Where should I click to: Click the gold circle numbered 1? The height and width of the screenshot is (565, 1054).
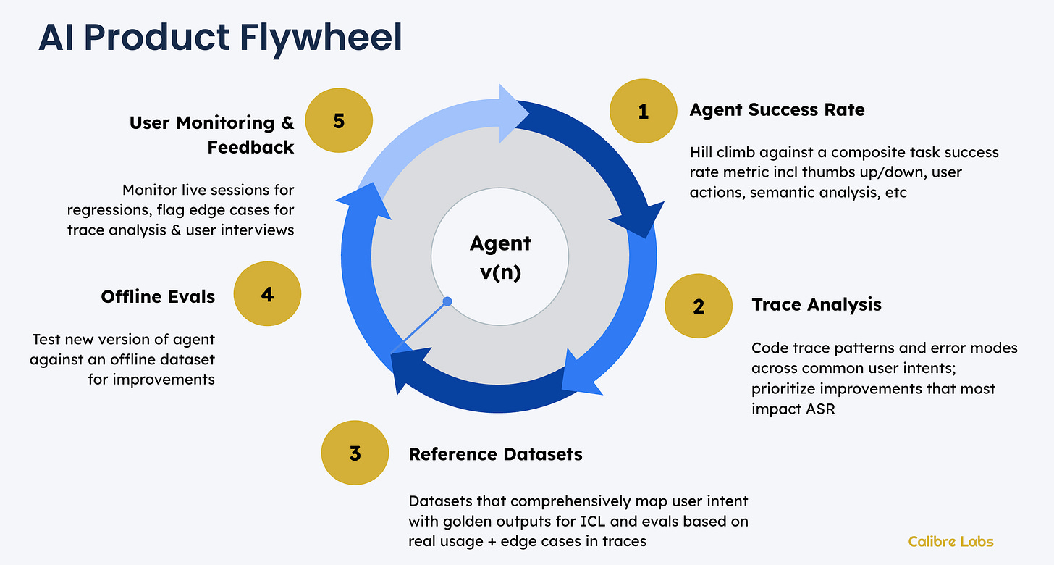(x=643, y=111)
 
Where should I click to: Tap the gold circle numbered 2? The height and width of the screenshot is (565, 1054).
(x=698, y=306)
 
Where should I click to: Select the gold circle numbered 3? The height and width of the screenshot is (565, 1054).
(x=355, y=453)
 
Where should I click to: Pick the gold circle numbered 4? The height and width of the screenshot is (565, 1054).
(x=267, y=295)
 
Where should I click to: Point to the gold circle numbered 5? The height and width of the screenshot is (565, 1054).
(x=339, y=121)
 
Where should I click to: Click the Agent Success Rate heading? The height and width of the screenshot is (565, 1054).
(x=777, y=110)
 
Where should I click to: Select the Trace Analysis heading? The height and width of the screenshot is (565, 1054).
(x=817, y=304)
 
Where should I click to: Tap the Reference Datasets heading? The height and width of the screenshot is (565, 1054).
(x=495, y=454)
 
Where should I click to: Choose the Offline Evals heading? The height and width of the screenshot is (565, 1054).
(x=158, y=296)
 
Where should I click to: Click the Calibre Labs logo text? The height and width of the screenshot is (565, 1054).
(x=950, y=541)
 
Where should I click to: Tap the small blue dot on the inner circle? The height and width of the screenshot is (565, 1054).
(x=447, y=301)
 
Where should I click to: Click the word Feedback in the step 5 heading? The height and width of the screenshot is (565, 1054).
(x=250, y=148)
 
